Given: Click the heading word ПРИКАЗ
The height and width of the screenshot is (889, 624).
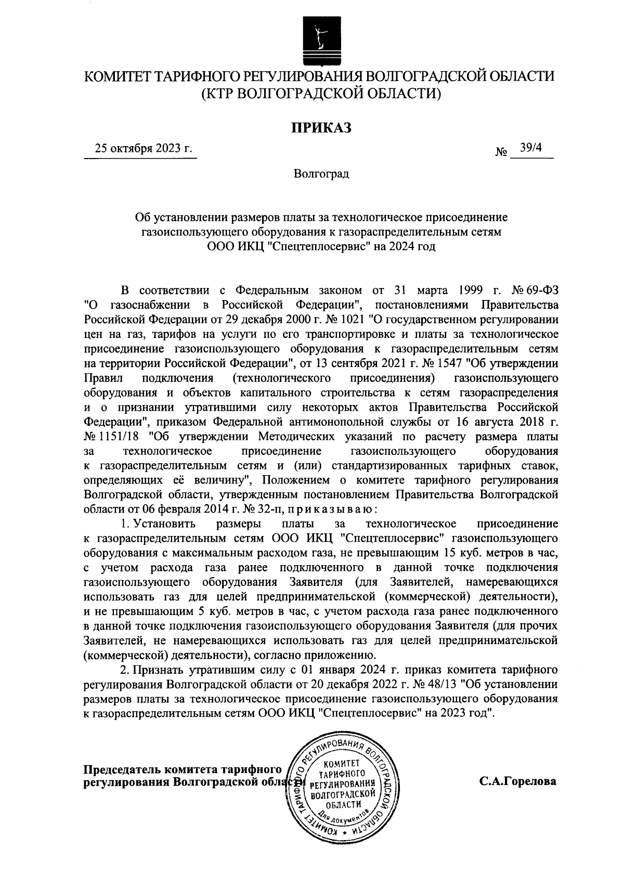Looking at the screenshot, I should pyautogui.click(x=320, y=127).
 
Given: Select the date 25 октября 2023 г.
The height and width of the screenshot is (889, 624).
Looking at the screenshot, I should pyautogui.click(x=143, y=149).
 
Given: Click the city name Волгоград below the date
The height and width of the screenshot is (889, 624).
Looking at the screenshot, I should pyautogui.click(x=321, y=173).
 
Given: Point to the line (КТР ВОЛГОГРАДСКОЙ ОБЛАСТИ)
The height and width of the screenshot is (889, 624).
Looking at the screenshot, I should pyautogui.click(x=320, y=94).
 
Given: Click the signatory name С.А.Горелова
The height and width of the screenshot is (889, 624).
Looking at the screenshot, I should pyautogui.click(x=518, y=781).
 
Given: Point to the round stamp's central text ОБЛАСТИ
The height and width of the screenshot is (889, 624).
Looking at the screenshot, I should pyautogui.click(x=342, y=804).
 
